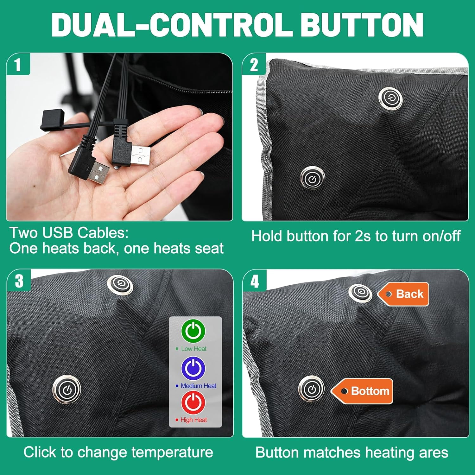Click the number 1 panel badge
[18, 64]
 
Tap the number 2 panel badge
[254, 64]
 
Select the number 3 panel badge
[19, 281]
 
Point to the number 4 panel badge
[255, 281]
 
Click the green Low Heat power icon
[193, 331]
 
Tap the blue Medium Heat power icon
[193, 368]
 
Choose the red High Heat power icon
[193, 402]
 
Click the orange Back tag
[403, 294]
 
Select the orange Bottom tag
[362, 391]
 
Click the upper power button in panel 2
[390, 97]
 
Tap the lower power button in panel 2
[313, 178]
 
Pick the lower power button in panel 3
[66, 389]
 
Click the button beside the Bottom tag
[312, 389]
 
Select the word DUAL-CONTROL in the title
[172, 25]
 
